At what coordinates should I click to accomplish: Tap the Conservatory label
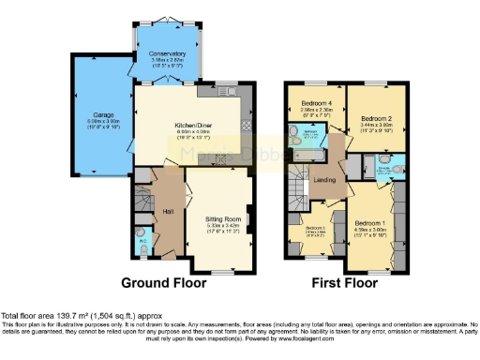[167, 53]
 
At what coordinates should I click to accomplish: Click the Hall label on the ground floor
[167, 210]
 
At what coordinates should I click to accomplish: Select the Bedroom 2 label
[375, 117]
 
